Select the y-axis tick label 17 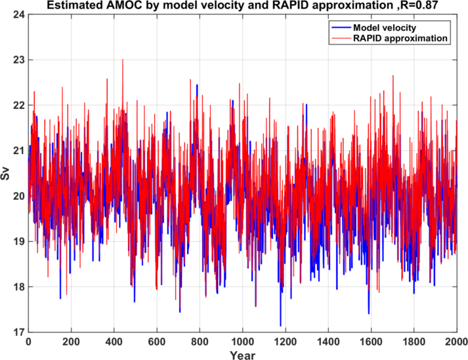18,332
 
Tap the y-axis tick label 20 18,195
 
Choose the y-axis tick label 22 18,105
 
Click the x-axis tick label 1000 242,342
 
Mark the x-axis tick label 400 114,342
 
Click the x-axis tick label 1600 371,342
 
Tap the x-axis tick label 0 28,342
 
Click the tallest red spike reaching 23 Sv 123,60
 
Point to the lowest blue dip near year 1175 280,325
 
